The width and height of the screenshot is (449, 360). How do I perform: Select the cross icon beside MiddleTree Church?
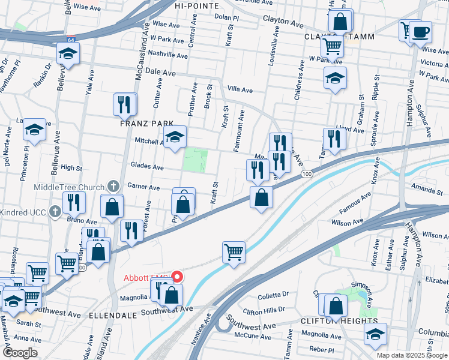[x=112, y=187]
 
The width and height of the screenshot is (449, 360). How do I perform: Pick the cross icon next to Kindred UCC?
[x=55, y=211]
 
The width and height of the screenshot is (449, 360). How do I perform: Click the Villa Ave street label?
[x=240, y=89]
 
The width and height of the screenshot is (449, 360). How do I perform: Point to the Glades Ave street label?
[x=147, y=167]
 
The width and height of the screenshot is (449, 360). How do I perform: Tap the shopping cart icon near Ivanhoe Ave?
[x=234, y=252]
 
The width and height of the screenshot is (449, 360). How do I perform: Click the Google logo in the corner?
[x=20, y=353]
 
